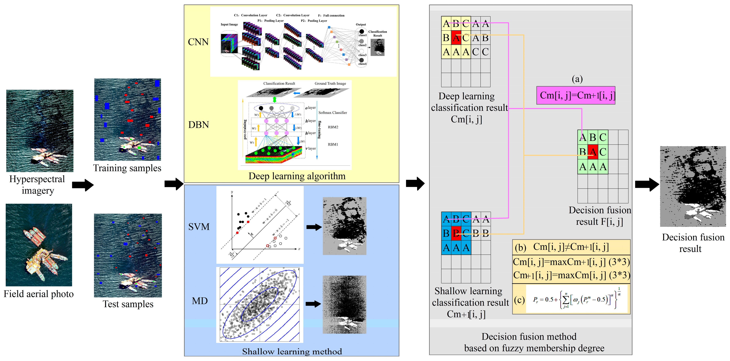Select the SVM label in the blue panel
tap(199, 227)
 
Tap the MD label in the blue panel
tap(200, 301)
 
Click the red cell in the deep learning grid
tap(456, 38)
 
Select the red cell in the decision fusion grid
tap(593, 152)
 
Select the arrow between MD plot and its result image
tap(313, 304)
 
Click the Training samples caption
tap(127, 168)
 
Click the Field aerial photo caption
tap(38, 294)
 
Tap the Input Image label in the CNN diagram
tap(229, 24)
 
